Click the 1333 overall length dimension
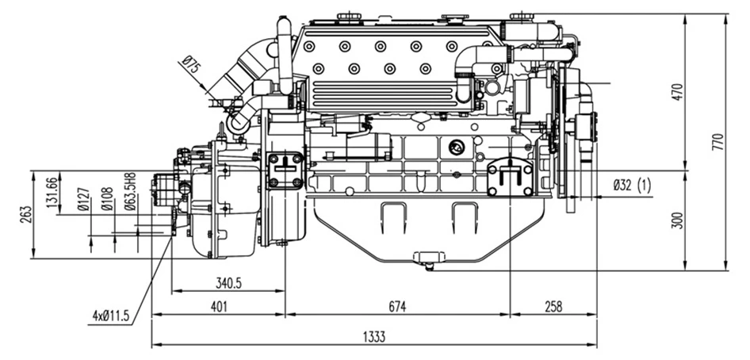(x=375, y=337)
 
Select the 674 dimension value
(x=398, y=306)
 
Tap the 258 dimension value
(x=555, y=306)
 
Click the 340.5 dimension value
(x=228, y=282)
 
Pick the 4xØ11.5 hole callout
(x=110, y=316)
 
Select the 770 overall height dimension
(x=718, y=142)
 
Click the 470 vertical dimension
(x=676, y=92)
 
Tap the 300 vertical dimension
(x=676, y=220)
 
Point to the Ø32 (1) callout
(x=632, y=186)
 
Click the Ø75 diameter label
(x=191, y=65)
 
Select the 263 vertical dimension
(x=25, y=214)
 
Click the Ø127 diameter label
(x=82, y=201)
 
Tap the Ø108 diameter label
(x=105, y=201)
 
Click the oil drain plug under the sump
(x=428, y=259)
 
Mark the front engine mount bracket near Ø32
(x=509, y=178)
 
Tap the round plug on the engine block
(x=456, y=147)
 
